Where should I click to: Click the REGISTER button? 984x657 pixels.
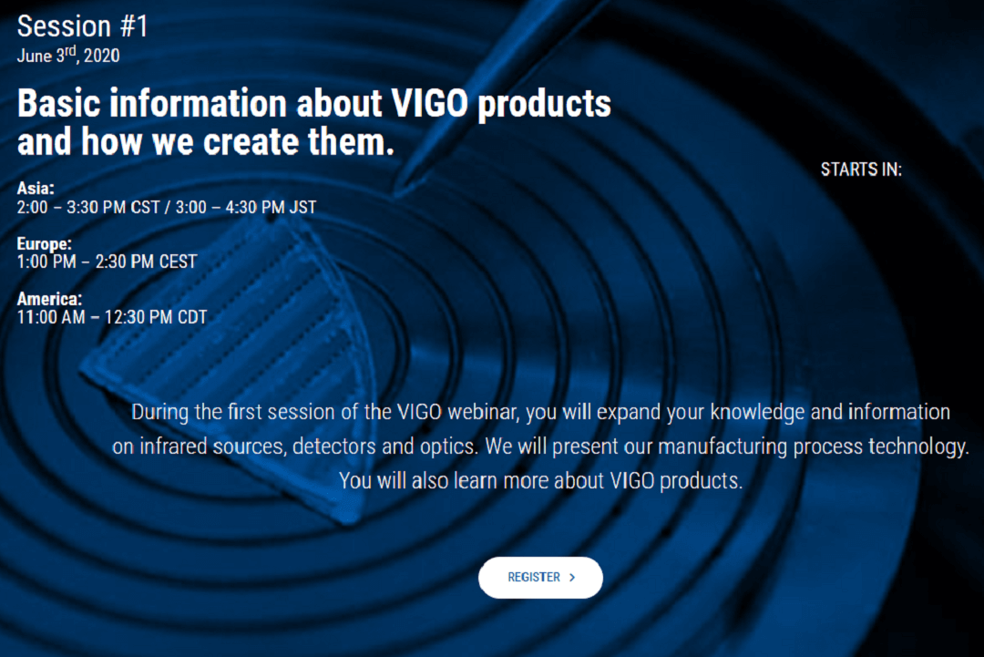[x=540, y=578]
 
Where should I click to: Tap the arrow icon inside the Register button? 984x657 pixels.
[x=572, y=578]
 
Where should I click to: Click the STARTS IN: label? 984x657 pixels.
[x=861, y=169]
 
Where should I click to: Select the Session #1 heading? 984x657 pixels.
[x=82, y=26]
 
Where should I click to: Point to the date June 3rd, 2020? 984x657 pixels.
[x=68, y=55]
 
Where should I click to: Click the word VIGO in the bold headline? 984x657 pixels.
[x=430, y=103]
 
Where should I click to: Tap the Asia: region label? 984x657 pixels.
[x=36, y=189]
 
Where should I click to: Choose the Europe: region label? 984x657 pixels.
[x=45, y=243]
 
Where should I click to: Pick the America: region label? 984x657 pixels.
[x=49, y=299]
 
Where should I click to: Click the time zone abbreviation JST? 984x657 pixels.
[x=302, y=207]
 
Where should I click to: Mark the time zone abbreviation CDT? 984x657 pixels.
[x=192, y=317]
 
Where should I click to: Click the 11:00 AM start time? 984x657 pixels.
[x=51, y=317]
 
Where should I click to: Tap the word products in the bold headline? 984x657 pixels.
[x=544, y=104]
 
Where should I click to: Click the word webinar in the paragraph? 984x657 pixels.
[x=483, y=412]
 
